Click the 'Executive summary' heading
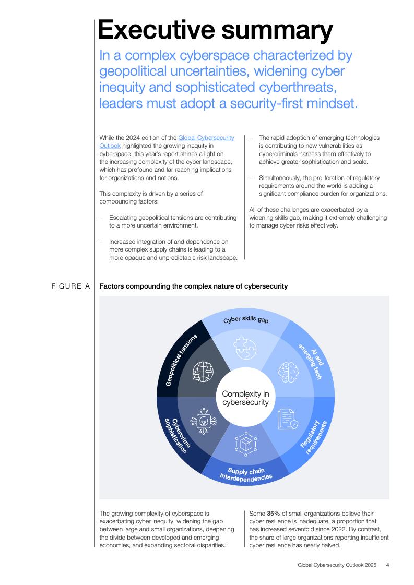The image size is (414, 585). click(215, 30)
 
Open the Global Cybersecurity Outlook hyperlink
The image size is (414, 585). click(206, 138)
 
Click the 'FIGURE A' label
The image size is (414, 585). click(71, 286)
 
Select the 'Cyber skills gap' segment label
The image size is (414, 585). click(246, 319)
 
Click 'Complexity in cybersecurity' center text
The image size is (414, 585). click(245, 398)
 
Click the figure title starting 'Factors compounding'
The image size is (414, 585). click(193, 286)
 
